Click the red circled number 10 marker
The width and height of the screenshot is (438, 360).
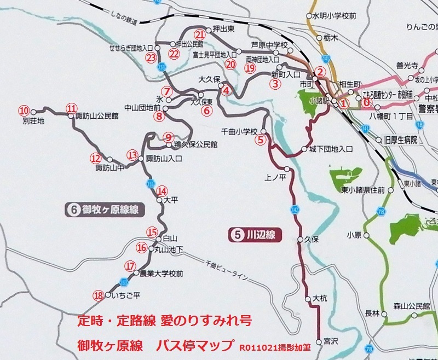pyautogui.click(x=23, y=110)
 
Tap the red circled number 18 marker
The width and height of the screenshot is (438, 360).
pyautogui.click(x=99, y=295)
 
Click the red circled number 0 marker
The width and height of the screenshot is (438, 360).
pyautogui.click(x=367, y=101)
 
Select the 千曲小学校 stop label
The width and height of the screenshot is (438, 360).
pyautogui.click(x=239, y=132)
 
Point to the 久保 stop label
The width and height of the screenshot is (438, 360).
pyautogui.click(x=312, y=240)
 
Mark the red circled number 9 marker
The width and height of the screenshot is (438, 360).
pyautogui.click(x=168, y=137)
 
